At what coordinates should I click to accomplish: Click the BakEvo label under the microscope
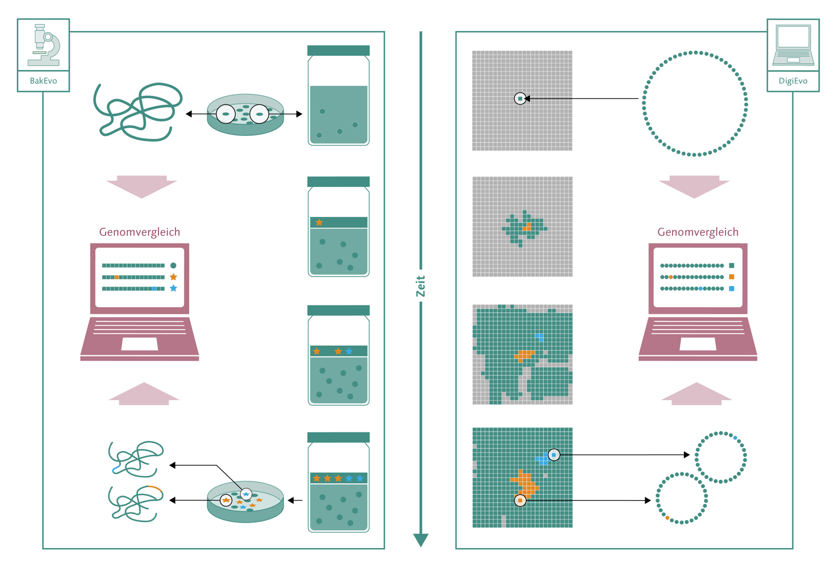(43, 81)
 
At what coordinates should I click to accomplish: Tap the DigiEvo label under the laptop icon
(793, 81)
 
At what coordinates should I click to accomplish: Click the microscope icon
(44, 45)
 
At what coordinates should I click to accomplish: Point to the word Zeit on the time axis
(420, 286)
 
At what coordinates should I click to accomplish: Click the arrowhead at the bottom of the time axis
(420, 540)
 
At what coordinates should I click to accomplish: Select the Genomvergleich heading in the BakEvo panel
(139, 232)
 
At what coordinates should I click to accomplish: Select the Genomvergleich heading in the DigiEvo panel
(698, 232)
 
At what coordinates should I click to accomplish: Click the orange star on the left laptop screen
(173, 277)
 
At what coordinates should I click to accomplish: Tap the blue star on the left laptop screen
(173, 288)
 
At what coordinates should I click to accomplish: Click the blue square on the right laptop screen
(732, 289)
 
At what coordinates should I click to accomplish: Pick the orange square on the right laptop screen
(732, 277)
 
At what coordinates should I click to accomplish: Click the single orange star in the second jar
(319, 222)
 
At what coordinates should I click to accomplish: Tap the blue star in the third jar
(349, 351)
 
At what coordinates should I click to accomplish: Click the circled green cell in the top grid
(521, 98)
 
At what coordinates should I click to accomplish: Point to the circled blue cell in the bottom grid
(554, 455)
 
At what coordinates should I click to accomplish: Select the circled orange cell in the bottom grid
(521, 500)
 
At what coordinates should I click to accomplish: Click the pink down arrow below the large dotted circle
(694, 186)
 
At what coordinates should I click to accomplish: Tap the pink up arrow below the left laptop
(144, 394)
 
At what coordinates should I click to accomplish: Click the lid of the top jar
(338, 50)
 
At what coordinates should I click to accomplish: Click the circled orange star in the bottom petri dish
(226, 500)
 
